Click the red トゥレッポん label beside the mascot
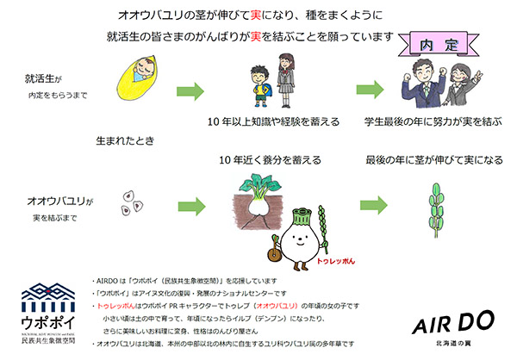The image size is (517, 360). click(x=339, y=258)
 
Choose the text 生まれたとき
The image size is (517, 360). click(x=123, y=139)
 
